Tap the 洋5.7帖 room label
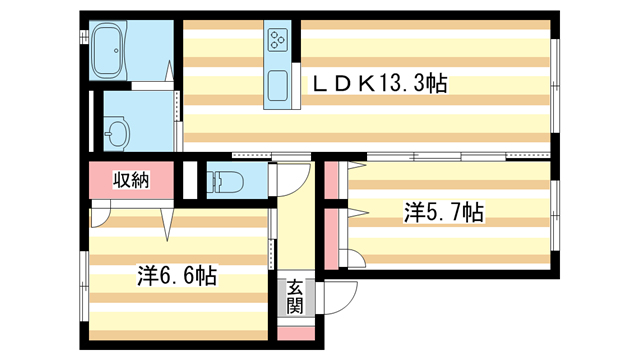click(443, 212)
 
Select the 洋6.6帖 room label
click(177, 273)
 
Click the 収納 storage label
click(130, 181)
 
